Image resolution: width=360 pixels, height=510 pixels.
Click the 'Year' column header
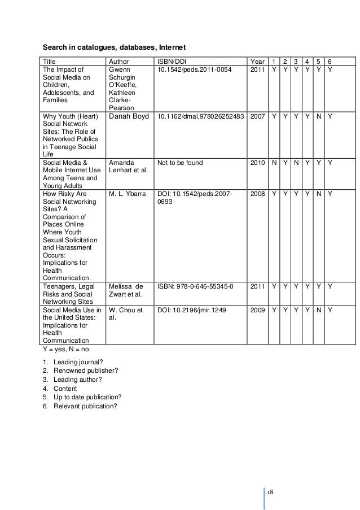point(257,62)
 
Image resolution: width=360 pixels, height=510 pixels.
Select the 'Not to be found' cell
point(179,163)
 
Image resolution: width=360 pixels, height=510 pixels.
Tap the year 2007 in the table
point(257,117)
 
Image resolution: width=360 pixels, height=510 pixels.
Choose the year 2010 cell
point(257,163)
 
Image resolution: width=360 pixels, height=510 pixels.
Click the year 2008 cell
point(257,194)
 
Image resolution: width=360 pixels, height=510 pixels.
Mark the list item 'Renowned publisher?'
point(85,370)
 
